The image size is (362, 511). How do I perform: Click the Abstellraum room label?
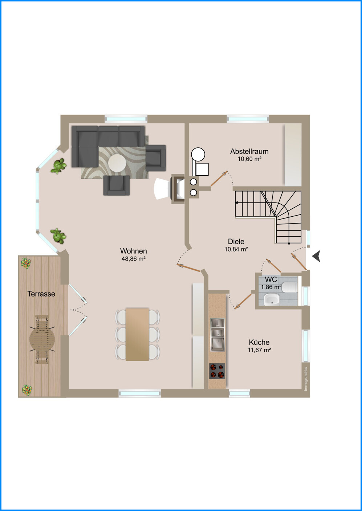tap(249, 151)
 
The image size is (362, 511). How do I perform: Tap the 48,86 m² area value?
tap(134, 259)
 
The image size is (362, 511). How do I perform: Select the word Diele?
tap(236, 241)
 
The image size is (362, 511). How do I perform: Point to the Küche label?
tap(259, 342)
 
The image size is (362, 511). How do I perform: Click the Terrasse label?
tap(41, 294)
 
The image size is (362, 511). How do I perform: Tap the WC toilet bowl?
tap(290, 287)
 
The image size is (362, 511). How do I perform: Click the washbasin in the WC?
tap(272, 299)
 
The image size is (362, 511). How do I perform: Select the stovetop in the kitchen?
tap(217, 371)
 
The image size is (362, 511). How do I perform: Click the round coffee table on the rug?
tap(117, 163)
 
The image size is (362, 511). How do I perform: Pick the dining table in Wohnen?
tap(137, 334)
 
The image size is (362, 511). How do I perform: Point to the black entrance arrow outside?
tap(316, 256)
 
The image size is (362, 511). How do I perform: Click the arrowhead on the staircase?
tap(237, 203)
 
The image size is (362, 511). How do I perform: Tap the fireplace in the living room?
tap(178, 188)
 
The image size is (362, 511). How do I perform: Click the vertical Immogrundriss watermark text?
tap(306, 379)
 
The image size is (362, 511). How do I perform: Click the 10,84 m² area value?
tap(236, 249)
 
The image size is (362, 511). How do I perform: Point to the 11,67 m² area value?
tap(259, 350)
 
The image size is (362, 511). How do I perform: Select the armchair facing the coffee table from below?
tap(117, 185)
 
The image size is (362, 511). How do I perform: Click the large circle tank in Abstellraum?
tap(198, 155)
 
